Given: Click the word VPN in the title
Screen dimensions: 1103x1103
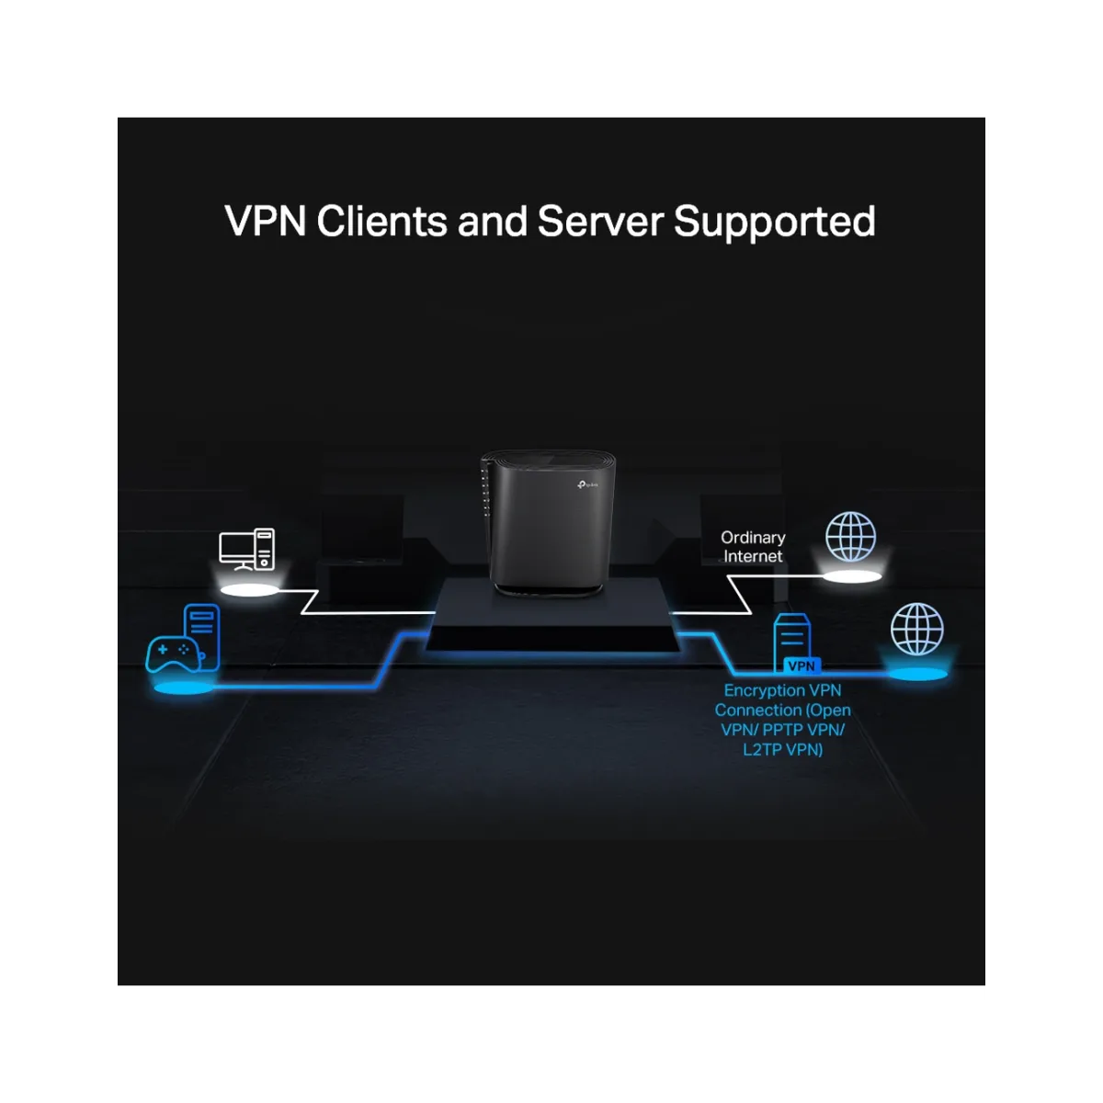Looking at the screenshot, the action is point(265,221).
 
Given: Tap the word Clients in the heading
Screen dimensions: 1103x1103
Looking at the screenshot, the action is point(381,221).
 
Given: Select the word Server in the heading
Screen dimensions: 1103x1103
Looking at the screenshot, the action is point(600,221).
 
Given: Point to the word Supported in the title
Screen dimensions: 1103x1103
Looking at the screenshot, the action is point(775,222).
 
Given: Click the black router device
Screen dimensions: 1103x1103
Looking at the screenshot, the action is point(548,523).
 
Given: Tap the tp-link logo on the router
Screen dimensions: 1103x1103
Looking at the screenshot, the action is point(588,485).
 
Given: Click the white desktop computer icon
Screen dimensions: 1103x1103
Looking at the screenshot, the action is point(246,550).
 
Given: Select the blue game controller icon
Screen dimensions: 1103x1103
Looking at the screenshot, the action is point(175,654).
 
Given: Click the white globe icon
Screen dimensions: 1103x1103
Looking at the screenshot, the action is point(850,537).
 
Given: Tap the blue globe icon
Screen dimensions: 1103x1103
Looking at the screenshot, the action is point(916,629).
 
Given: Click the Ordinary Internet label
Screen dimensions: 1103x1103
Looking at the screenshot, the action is point(753,547).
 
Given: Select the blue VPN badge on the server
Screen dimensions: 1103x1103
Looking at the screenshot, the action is point(802,666).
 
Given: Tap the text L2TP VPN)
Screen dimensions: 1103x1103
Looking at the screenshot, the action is point(782,749).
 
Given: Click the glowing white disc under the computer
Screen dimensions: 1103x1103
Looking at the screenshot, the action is point(250,590).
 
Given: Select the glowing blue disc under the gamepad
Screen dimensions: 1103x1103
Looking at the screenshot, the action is point(183,688).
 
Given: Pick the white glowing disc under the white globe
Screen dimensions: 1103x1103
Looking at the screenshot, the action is point(852,576).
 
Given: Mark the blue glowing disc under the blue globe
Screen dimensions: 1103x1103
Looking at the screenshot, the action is point(917,674).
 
